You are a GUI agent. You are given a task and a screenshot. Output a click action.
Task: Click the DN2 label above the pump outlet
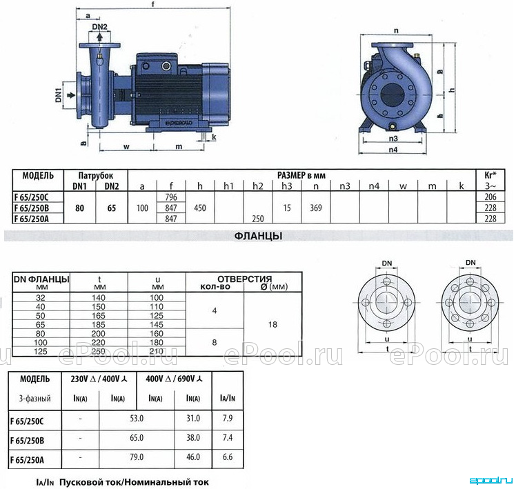click(x=100, y=27)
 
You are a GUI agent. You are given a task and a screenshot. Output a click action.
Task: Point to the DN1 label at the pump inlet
click(x=59, y=95)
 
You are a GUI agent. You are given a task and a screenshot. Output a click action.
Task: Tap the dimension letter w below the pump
click(x=126, y=146)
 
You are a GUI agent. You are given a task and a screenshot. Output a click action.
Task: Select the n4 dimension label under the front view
click(x=393, y=150)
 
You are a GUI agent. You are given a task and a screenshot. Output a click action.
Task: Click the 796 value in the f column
click(x=171, y=197)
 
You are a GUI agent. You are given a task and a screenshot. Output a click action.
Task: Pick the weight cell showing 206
click(x=490, y=197)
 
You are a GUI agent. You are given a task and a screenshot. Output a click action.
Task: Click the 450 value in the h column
click(x=200, y=208)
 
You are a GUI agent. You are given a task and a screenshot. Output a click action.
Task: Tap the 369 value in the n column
click(x=315, y=208)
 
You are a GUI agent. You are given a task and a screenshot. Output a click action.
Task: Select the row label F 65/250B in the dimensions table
click(x=31, y=208)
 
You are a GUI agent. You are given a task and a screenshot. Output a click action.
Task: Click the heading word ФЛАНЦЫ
click(x=258, y=236)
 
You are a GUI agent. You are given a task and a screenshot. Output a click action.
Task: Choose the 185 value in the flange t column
click(x=99, y=324)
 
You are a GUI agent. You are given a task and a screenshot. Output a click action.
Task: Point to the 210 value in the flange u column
click(x=157, y=352)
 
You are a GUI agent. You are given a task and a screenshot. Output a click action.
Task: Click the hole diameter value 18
click(x=272, y=324)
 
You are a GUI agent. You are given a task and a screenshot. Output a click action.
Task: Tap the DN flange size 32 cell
click(x=41, y=297)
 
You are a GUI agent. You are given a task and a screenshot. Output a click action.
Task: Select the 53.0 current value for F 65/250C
click(x=137, y=418)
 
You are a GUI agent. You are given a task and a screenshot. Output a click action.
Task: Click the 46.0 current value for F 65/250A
click(x=193, y=457)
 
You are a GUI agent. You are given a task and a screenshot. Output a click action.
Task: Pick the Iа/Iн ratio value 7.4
click(x=228, y=438)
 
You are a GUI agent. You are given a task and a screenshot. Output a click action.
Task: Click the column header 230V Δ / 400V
click(x=99, y=379)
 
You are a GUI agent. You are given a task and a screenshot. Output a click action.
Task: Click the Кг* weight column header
click(x=490, y=175)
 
